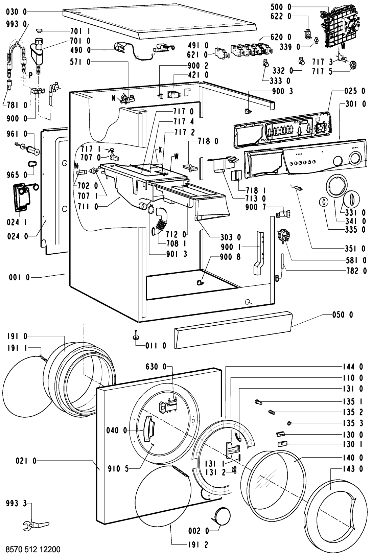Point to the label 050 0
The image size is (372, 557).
click(x=342, y=315)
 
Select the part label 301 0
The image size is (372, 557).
click(x=355, y=104)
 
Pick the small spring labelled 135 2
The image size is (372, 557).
click(x=272, y=412)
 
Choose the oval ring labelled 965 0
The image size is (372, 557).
click(x=32, y=164)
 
